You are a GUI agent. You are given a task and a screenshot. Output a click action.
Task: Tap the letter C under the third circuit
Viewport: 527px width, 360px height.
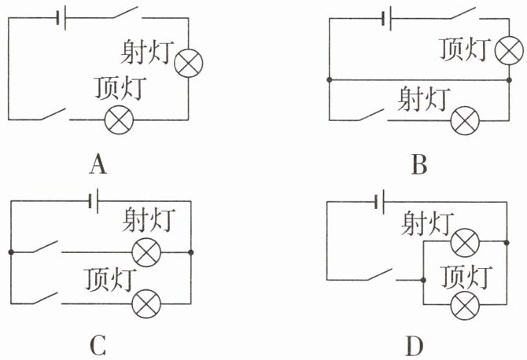tap(98, 345)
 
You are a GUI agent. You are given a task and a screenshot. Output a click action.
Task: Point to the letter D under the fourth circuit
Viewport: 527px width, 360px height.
tap(414, 346)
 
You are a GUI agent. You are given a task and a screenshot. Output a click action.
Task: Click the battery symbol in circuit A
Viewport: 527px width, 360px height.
tap(61, 18)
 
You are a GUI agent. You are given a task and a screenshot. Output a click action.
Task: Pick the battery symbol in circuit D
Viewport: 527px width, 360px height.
tap(380, 202)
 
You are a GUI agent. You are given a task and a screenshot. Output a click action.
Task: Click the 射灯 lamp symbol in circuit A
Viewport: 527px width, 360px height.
tap(189, 63)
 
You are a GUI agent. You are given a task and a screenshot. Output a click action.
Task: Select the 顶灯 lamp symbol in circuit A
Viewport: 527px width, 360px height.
tap(119, 120)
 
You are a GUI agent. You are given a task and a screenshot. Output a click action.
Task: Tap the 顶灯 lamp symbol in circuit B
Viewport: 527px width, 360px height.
tap(509, 50)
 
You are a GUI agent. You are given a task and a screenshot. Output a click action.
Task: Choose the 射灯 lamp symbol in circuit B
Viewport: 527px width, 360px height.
tap(465, 120)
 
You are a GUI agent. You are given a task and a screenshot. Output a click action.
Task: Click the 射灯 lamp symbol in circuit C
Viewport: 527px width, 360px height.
tap(146, 252)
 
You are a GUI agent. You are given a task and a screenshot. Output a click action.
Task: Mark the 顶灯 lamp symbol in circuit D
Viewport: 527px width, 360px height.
tap(465, 305)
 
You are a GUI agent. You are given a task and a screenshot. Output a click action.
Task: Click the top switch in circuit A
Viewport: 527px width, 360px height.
tap(127, 13)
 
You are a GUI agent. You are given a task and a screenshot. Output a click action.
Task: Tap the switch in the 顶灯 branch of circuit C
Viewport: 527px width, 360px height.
tap(46, 298)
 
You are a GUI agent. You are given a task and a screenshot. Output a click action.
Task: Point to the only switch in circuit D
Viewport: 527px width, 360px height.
tap(381, 274)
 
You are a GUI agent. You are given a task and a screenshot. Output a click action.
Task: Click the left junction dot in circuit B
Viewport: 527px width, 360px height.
tap(330, 80)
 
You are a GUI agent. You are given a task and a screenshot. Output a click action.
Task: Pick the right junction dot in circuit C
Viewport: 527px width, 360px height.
tap(191, 252)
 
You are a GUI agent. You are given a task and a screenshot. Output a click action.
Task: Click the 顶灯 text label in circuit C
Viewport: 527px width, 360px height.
tap(109, 280)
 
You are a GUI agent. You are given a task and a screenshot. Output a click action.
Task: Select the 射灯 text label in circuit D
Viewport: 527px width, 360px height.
tap(427, 224)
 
